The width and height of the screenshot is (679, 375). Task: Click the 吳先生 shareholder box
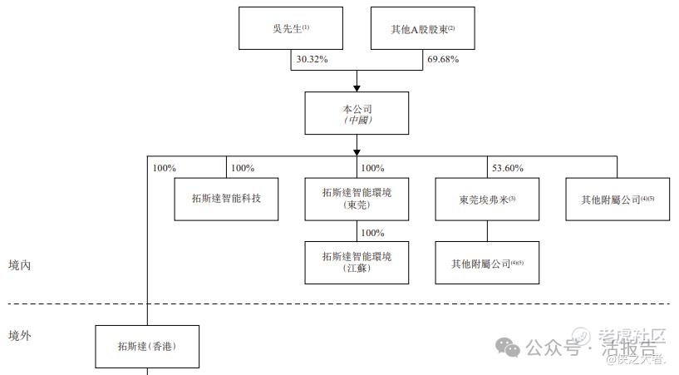(289, 28)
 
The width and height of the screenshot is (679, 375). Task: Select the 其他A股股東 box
(422, 28)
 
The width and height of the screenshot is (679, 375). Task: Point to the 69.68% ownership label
(443, 60)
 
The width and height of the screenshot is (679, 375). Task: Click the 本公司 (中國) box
(357, 113)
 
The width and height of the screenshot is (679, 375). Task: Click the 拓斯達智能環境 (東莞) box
(357, 199)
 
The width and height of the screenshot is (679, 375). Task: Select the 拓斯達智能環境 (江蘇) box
(357, 262)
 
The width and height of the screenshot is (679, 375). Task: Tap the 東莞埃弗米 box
(487, 199)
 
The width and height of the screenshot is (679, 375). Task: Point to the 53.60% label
(508, 168)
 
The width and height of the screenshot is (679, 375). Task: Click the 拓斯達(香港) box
(148, 346)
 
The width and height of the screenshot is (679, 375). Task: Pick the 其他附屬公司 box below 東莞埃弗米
(487, 263)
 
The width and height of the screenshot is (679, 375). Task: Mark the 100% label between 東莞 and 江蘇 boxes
(374, 232)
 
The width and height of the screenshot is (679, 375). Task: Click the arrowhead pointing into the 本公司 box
(357, 86)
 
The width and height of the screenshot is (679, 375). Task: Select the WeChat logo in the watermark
(508, 345)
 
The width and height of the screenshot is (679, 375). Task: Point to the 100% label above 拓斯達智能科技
(242, 168)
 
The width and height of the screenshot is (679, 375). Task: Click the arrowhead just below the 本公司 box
(357, 151)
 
